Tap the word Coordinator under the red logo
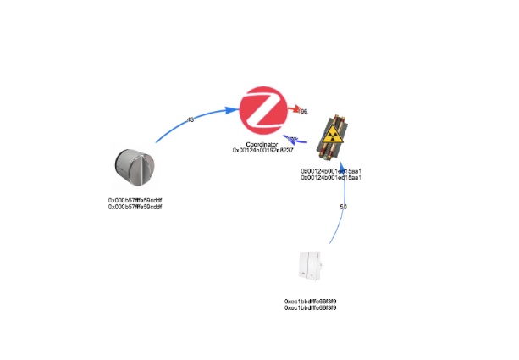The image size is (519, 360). (x=263, y=144)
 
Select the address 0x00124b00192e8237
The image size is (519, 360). (x=263, y=151)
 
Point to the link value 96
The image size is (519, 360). (x=304, y=112)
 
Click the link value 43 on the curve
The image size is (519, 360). (x=190, y=119)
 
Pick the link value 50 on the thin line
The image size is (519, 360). (x=343, y=207)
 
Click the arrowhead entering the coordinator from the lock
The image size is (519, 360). (x=230, y=109)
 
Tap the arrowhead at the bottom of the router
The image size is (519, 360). (x=341, y=179)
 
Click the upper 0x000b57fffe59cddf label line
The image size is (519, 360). (x=135, y=200)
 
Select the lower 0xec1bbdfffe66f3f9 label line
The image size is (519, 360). (x=312, y=307)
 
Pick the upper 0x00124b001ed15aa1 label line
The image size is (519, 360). (x=332, y=170)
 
